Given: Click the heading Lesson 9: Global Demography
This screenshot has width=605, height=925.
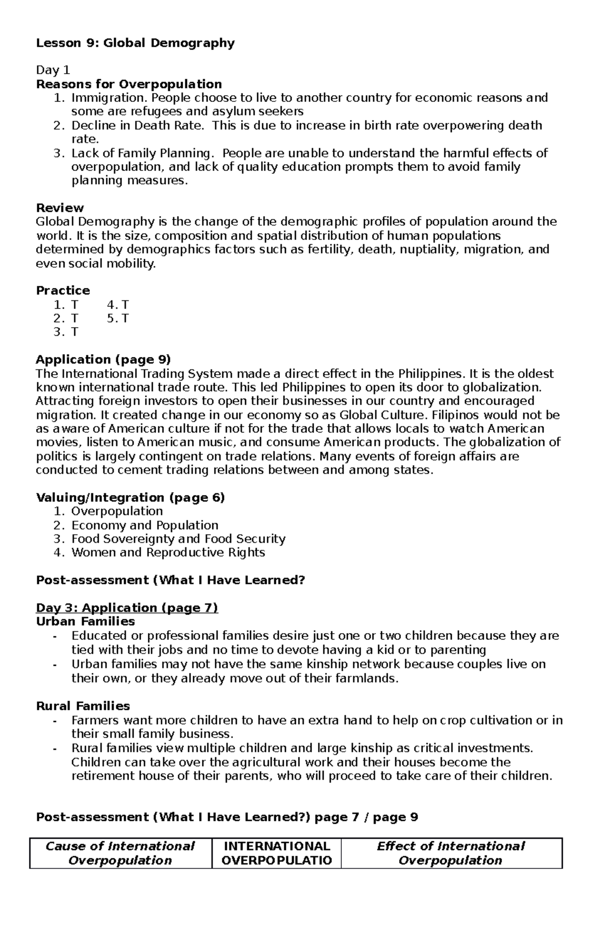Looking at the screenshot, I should pyautogui.click(x=135, y=43).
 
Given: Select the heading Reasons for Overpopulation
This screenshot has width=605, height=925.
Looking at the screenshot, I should pyautogui.click(x=129, y=84).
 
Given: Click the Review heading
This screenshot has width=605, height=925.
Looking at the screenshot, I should pyautogui.click(x=59, y=208).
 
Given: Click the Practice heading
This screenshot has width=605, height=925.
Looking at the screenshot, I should pyautogui.click(x=63, y=291).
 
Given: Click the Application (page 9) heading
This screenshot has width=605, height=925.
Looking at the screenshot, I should pyautogui.click(x=103, y=360).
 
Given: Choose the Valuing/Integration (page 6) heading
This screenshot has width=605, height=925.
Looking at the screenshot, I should pyautogui.click(x=130, y=498).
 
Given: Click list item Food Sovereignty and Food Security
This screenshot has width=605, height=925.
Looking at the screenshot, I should pyautogui.click(x=178, y=539).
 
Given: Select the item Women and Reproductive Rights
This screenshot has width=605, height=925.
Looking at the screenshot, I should pyautogui.click(x=168, y=552).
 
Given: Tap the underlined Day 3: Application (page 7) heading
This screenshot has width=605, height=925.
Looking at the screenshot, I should pyautogui.click(x=127, y=608).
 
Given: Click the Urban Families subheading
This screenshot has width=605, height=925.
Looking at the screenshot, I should pyautogui.click(x=85, y=622).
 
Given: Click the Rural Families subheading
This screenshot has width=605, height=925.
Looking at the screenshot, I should pyautogui.click(x=83, y=706).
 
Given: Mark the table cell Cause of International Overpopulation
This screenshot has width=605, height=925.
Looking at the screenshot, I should pyautogui.click(x=120, y=853).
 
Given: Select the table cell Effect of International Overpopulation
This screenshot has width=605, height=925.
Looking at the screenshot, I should pyautogui.click(x=451, y=853).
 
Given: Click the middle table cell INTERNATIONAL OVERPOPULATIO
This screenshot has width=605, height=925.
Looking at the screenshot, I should pyautogui.click(x=276, y=853).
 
